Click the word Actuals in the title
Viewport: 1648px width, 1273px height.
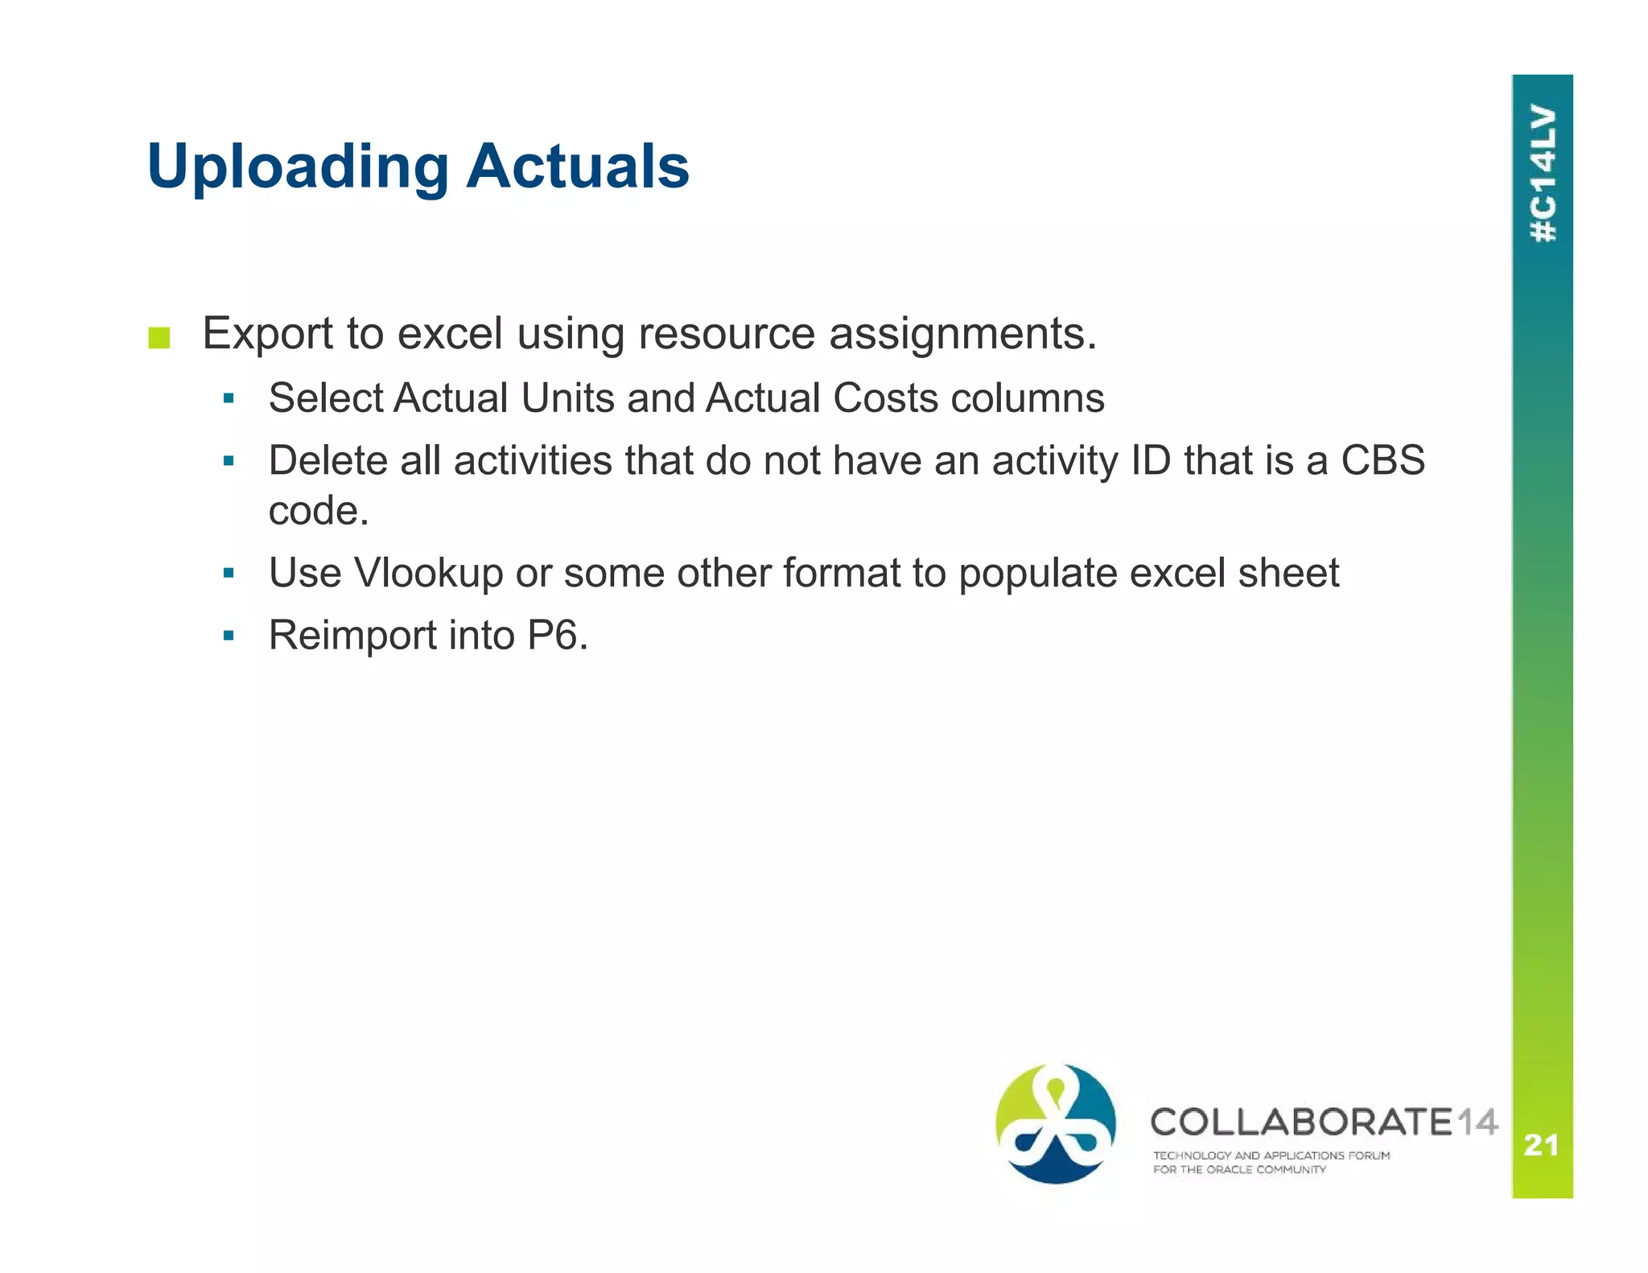pyautogui.click(x=578, y=166)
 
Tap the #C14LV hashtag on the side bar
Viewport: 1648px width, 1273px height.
pyautogui.click(x=1543, y=174)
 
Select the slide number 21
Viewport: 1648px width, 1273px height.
pyautogui.click(x=1542, y=1144)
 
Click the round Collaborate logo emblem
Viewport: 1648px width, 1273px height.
pyautogui.click(x=1056, y=1123)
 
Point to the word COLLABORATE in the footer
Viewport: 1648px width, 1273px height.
pyautogui.click(x=1301, y=1122)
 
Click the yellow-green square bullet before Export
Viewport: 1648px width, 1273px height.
pyautogui.click(x=159, y=338)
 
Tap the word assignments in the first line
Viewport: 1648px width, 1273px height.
pyautogui.click(x=963, y=333)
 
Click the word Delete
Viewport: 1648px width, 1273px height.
pyautogui.click(x=328, y=460)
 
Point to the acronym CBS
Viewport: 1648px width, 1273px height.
pyautogui.click(x=1382, y=460)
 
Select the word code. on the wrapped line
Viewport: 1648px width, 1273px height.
pyautogui.click(x=319, y=510)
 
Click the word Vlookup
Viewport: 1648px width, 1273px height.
pyautogui.click(x=428, y=573)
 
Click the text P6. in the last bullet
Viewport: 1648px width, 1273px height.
pyautogui.click(x=558, y=635)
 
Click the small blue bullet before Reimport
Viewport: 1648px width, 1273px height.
pyautogui.click(x=229, y=636)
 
